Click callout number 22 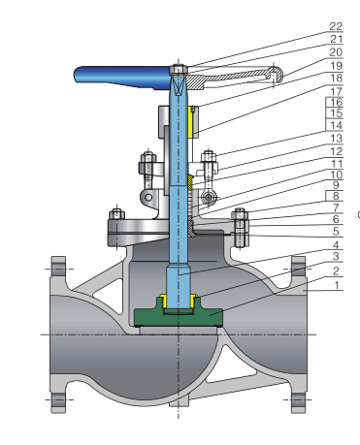click(336, 26)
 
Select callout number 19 click(336, 66)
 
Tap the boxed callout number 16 click(335, 103)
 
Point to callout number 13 click(336, 139)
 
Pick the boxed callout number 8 click(335, 196)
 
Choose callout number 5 click(336, 232)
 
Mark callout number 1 click(337, 285)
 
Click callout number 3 click(336, 256)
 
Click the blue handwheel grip click(122, 78)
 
